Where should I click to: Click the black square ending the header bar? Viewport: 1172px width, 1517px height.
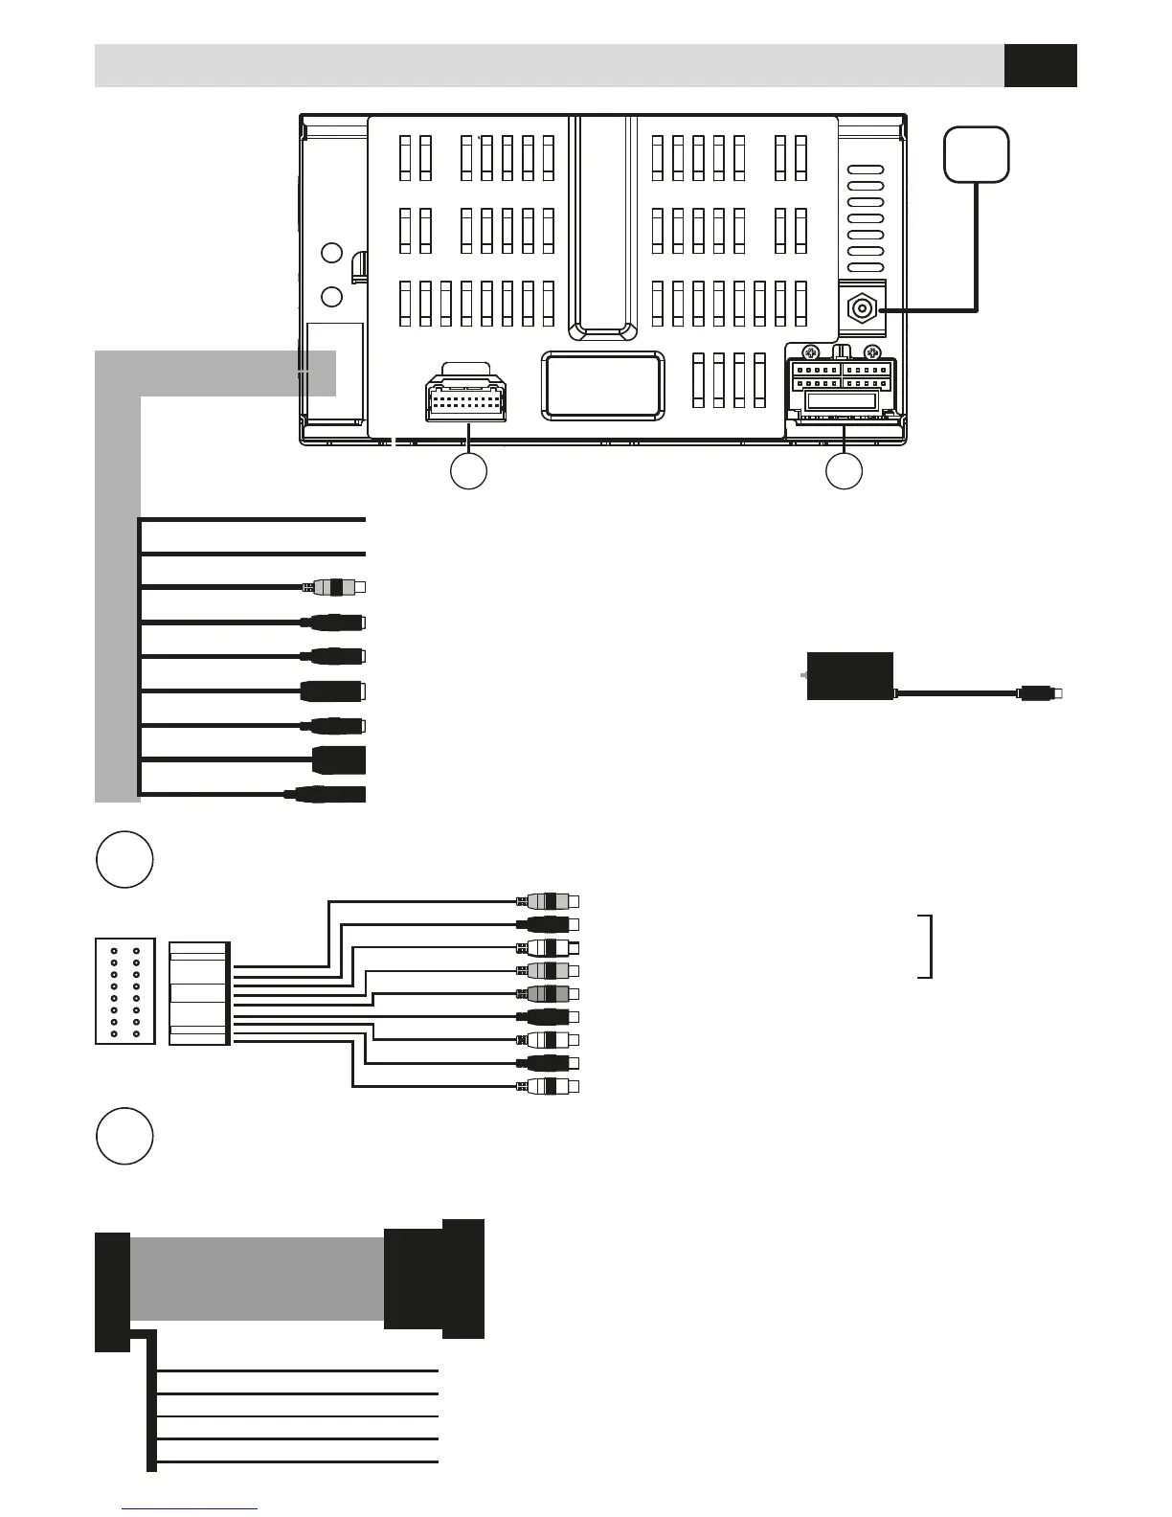[1040, 65]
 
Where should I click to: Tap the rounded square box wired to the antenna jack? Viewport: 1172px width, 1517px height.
[976, 154]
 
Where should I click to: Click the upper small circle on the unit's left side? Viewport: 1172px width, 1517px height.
[331, 253]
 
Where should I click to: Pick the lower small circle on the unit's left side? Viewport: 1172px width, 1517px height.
[331, 296]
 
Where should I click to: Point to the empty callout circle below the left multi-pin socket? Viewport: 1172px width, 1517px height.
[469, 471]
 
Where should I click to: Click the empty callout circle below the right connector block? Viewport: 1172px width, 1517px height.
[845, 471]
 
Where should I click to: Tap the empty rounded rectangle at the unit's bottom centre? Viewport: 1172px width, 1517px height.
[603, 385]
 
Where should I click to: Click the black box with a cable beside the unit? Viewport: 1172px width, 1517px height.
[850, 676]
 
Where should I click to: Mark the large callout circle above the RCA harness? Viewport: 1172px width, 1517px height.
[124, 860]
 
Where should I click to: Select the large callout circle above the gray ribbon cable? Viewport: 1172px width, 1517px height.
[124, 1136]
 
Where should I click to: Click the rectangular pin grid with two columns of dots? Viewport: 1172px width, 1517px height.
[125, 991]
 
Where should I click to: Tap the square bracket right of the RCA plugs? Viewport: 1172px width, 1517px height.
[925, 946]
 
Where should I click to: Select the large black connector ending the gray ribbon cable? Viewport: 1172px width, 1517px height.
[434, 1279]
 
